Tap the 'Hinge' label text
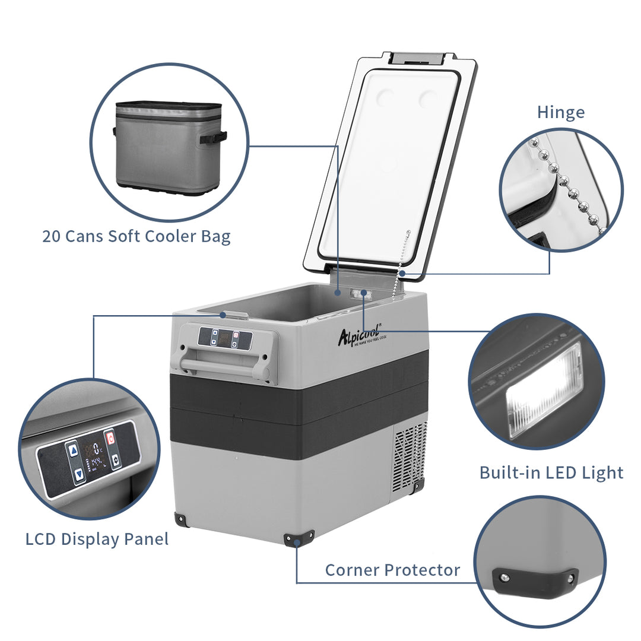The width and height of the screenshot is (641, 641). [560, 112]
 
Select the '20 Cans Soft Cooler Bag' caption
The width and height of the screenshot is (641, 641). [136, 236]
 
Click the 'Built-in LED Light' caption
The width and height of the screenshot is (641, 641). [551, 472]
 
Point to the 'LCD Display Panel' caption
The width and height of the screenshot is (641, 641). [97, 539]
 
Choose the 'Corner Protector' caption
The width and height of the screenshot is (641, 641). [392, 570]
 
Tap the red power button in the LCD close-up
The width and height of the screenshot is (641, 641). [109, 438]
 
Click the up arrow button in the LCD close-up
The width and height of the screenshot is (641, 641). [72, 450]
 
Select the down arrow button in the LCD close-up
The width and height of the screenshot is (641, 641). [79, 474]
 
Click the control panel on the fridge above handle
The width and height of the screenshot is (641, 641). [225, 339]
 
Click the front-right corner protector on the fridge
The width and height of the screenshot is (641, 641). [299, 538]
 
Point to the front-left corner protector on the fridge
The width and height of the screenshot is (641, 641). [182, 519]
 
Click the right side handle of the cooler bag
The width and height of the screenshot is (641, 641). [213, 138]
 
